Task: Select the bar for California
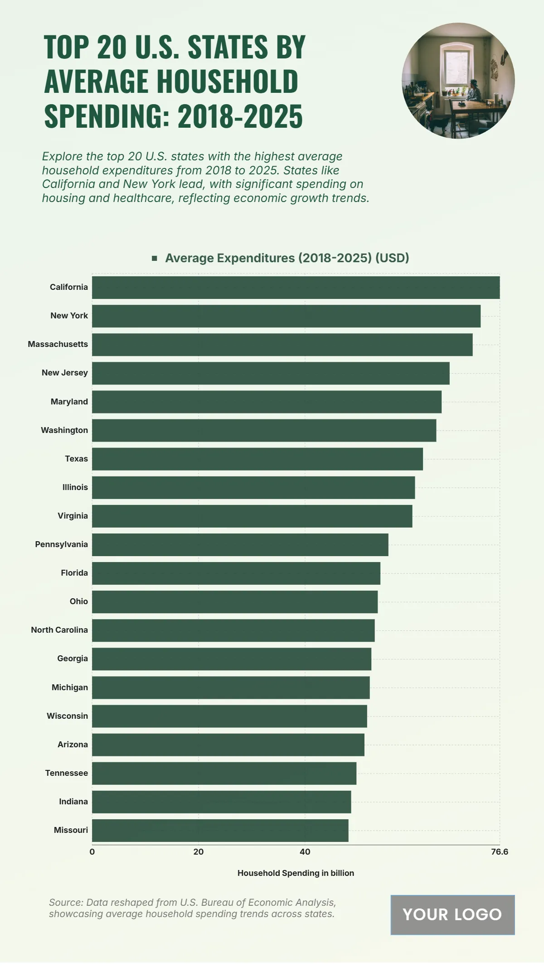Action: coord(296,288)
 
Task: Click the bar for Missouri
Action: coord(220,830)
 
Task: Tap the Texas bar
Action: coord(257,459)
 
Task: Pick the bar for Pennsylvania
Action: coord(240,544)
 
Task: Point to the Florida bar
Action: coord(236,573)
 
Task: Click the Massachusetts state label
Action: coord(58,344)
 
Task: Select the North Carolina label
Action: coord(59,630)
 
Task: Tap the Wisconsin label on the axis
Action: coord(67,716)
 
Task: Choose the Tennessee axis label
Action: coord(67,773)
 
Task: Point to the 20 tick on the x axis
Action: coord(199,852)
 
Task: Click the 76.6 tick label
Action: coord(500,852)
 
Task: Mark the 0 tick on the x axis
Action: coord(92,852)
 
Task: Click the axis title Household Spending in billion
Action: coord(296,873)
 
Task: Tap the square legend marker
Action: coord(155,258)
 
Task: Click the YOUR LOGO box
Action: coord(452,915)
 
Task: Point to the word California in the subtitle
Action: coord(69,184)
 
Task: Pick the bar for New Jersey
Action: coord(271,373)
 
